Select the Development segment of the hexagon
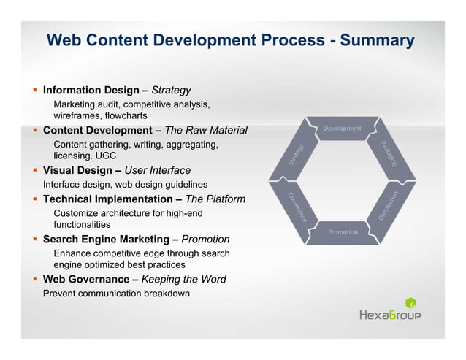coord(343,129)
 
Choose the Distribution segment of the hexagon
coord(389,206)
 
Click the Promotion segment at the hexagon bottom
coord(343,231)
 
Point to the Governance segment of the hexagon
coord(296,207)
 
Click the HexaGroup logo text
coord(390,315)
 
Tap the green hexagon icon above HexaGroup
coord(410,302)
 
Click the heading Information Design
coord(91,91)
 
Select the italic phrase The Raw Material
coord(206,131)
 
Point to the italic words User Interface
coord(160,170)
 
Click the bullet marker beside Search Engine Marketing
coord(34,239)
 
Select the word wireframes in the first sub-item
coord(78,116)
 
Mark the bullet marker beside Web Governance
coord(34,279)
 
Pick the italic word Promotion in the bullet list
coord(205,239)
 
